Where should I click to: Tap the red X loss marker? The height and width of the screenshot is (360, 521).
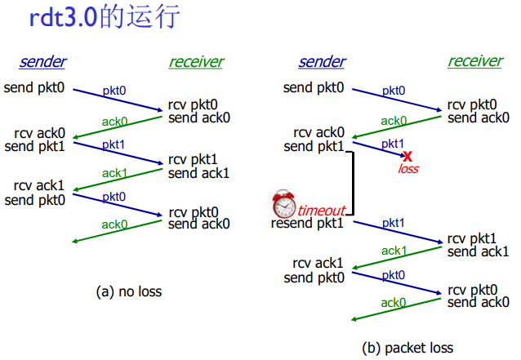[407, 156]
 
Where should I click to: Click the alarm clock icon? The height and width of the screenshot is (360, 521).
[284, 202]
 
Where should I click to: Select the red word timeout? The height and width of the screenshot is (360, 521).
[321, 209]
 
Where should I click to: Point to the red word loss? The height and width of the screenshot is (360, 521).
[407, 169]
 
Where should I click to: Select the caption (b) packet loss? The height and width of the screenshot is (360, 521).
[407, 347]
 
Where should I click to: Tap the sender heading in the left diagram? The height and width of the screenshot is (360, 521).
[42, 62]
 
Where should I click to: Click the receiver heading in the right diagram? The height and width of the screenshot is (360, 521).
[475, 62]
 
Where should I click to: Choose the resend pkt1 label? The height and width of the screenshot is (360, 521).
[308, 223]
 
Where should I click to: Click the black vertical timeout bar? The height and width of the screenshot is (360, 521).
[352, 184]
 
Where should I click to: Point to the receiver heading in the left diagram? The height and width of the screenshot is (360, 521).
[196, 62]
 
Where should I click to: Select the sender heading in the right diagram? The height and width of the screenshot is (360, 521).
[322, 62]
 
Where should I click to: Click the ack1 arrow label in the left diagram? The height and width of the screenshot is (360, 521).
[114, 173]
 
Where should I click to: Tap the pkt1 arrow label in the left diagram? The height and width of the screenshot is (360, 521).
[114, 144]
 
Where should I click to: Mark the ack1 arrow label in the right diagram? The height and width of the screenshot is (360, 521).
[394, 251]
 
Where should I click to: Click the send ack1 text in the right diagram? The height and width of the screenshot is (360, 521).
[479, 251]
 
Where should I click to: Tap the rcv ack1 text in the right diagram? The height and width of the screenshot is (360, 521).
[318, 264]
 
